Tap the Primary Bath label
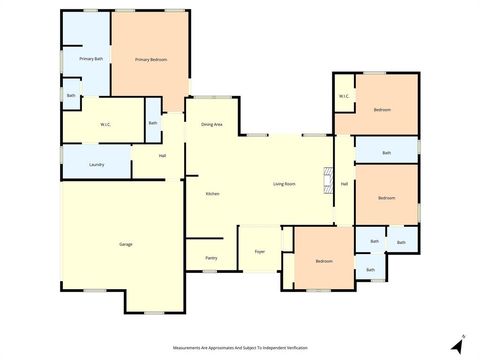pos(92,60)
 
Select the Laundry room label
pos(97,164)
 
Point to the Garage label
pos(126,244)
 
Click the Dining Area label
pos(211,124)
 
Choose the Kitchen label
pos(212,193)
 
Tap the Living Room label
pos(284,184)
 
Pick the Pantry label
pos(211,258)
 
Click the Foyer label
pos(259,251)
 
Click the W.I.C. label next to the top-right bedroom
pos(343,97)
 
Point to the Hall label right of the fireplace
pos(344,184)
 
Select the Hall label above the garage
pos(162,155)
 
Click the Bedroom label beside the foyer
pos(323,261)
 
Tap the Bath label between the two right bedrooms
pos(386,153)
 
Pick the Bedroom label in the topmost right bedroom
pos(381,109)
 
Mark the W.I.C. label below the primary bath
pos(104,124)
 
